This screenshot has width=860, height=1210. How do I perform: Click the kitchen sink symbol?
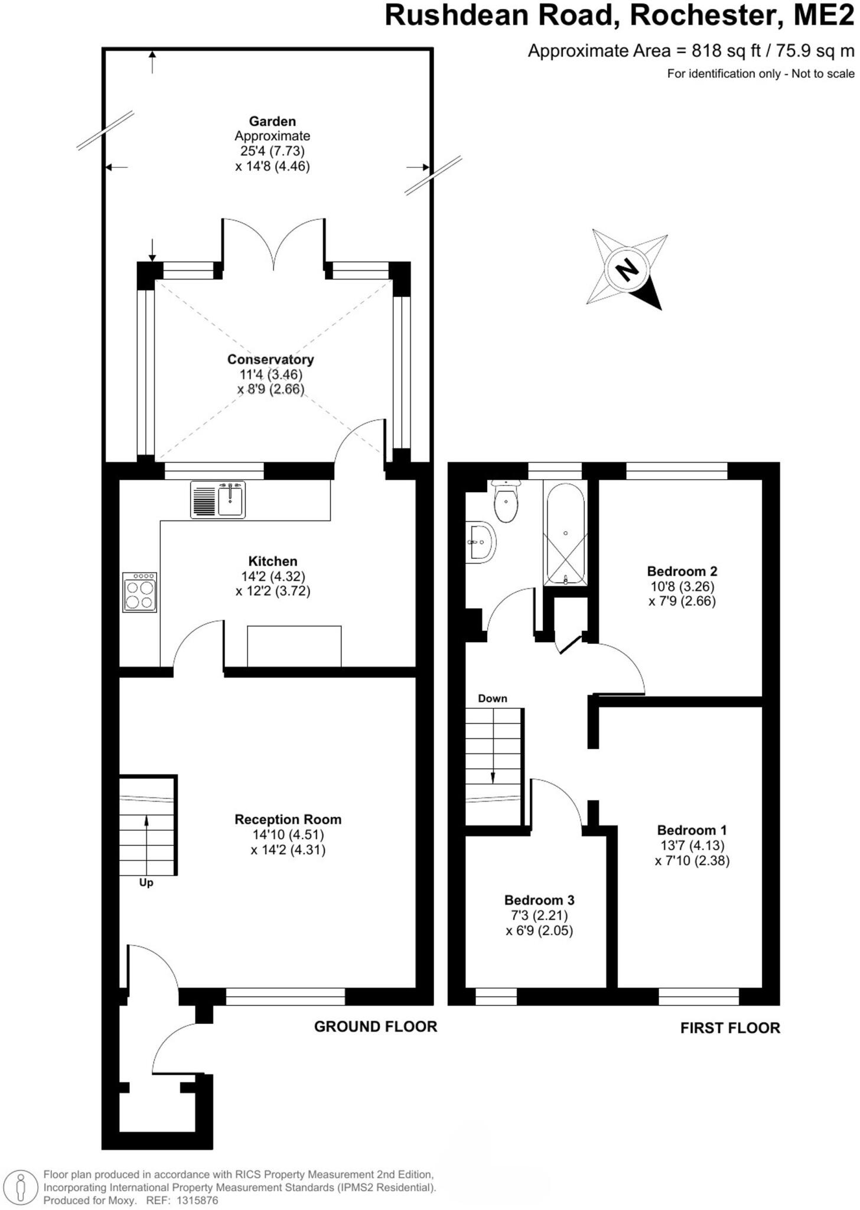click(x=217, y=500)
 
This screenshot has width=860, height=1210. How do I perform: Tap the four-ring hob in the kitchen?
click(x=140, y=592)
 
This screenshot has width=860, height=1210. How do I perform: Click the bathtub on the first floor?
click(x=565, y=534)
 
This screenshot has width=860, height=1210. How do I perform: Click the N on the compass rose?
click(x=627, y=270)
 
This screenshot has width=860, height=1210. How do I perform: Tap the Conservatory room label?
click(x=271, y=359)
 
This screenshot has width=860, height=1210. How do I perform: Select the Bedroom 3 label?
click(x=539, y=900)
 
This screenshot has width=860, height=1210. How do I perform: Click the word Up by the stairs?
click(x=146, y=883)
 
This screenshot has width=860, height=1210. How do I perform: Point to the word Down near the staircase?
click(x=493, y=698)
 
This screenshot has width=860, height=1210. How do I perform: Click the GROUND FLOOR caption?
click(x=375, y=1026)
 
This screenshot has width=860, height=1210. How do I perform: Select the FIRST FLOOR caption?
click(x=729, y=1028)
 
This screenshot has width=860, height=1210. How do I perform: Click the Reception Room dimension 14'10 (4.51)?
click(x=288, y=835)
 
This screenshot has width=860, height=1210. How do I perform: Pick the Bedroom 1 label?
click(x=692, y=830)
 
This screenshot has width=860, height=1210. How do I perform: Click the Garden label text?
click(x=272, y=122)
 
